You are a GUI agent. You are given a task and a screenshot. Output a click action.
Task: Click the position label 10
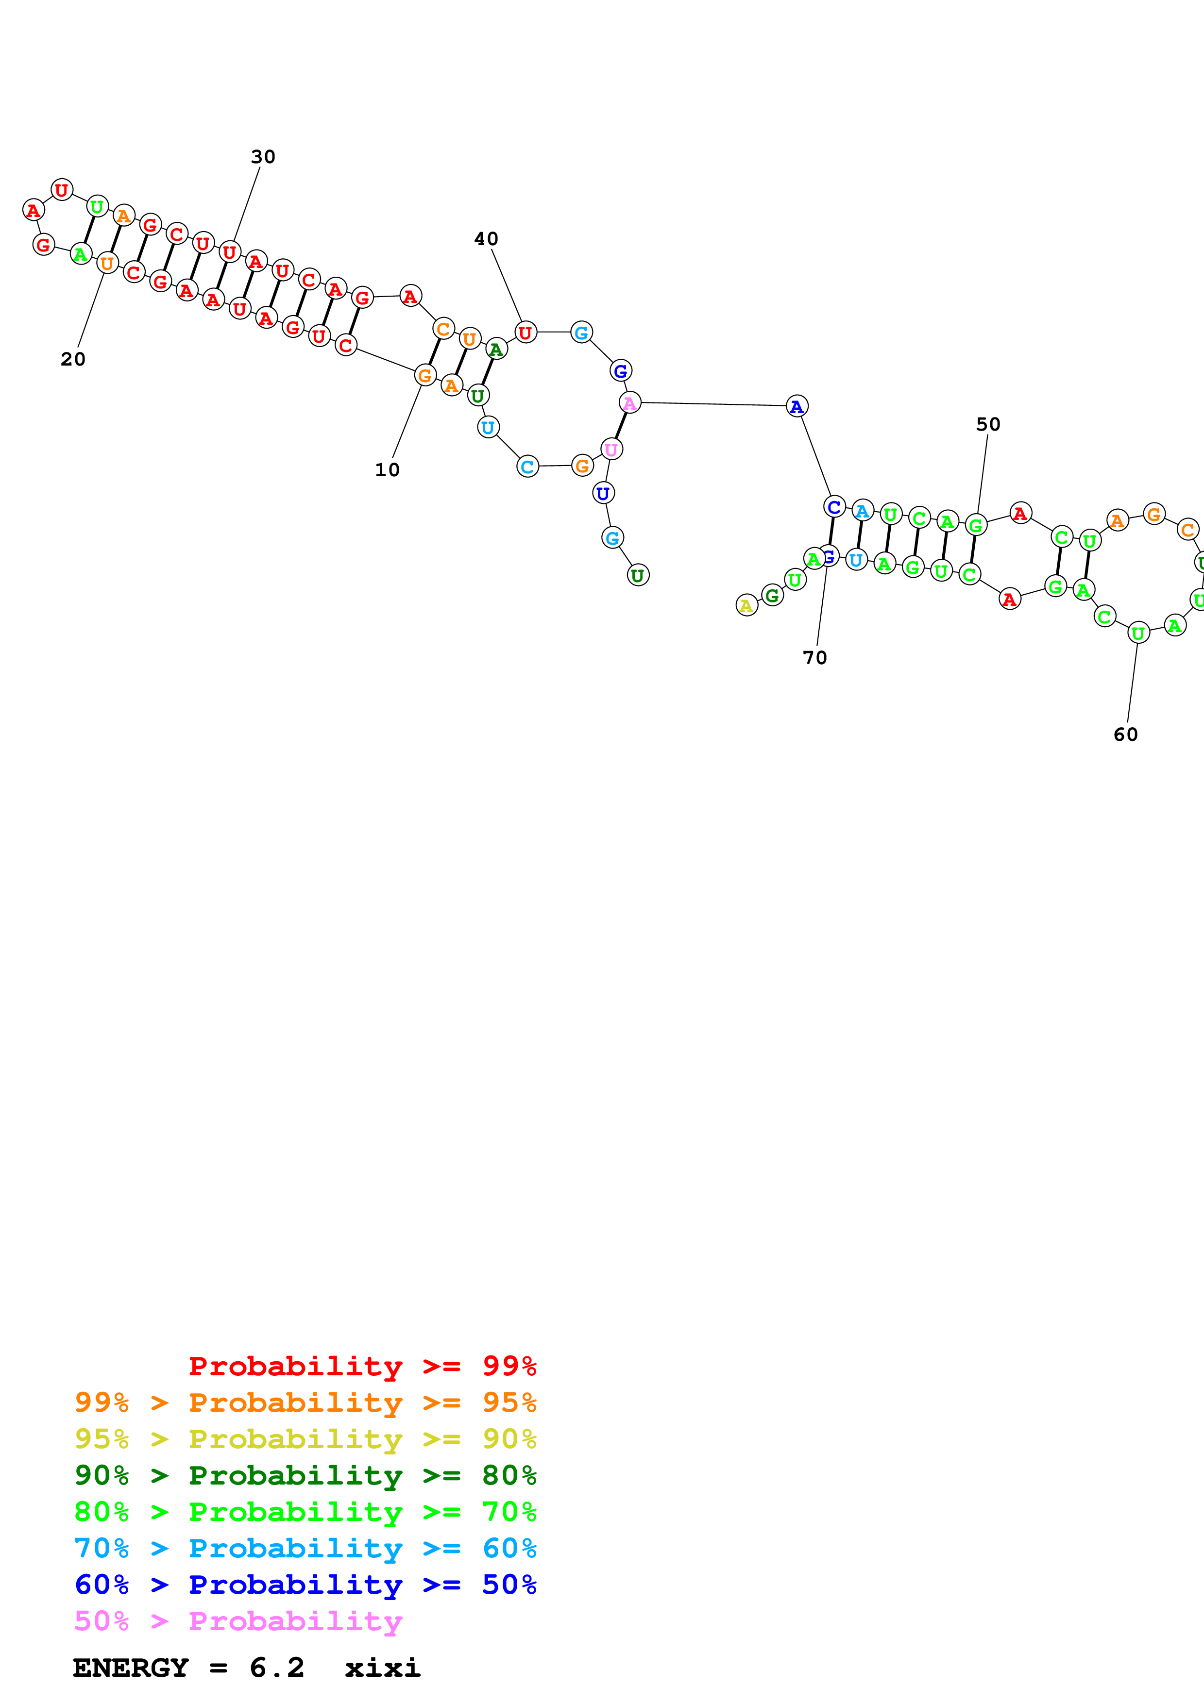point(387,469)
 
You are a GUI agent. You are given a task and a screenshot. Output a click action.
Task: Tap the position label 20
point(73,359)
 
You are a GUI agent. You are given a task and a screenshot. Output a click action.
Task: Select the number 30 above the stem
point(263,156)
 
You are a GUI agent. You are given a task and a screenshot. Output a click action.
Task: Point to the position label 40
point(486,239)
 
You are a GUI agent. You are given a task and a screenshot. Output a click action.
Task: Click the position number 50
point(987,424)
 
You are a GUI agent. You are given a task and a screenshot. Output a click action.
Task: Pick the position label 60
point(1125,735)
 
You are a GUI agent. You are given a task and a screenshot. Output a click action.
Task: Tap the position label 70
point(814,657)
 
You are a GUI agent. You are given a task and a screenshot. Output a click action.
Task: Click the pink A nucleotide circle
point(629,403)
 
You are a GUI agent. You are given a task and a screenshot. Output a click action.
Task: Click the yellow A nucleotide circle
point(746,605)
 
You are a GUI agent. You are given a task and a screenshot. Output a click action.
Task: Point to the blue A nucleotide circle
point(796,406)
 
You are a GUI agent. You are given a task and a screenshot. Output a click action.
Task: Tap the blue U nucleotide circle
point(603,493)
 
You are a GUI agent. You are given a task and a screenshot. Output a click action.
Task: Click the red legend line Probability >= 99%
point(362,1366)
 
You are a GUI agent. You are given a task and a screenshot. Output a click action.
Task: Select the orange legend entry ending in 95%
point(305,1402)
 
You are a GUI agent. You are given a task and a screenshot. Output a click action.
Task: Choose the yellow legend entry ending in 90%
point(305,1439)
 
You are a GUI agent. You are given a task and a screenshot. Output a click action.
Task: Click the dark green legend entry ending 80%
point(305,1475)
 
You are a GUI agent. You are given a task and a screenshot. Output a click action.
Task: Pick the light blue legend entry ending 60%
point(305,1548)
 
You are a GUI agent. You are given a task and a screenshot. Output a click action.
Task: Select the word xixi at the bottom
point(382,1668)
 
